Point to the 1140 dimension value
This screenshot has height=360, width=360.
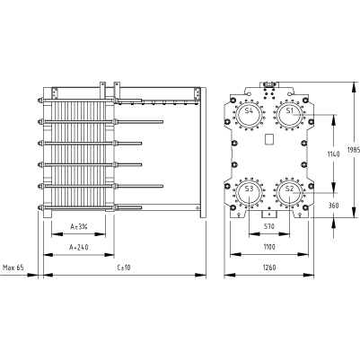[x=333, y=154]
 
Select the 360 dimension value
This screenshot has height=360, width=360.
[x=333, y=206]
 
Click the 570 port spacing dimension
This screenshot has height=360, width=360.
[x=269, y=226]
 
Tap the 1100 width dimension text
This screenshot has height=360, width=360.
[x=269, y=247]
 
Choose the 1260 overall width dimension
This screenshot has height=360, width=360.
[x=269, y=268]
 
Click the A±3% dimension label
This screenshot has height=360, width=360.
[x=79, y=226]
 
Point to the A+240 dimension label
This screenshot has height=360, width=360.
[x=79, y=247]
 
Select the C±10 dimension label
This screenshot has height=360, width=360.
[x=124, y=268]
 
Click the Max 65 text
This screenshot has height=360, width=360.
[x=13, y=268]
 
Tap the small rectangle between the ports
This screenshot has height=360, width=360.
[x=269, y=139]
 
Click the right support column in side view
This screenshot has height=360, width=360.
[x=203, y=153]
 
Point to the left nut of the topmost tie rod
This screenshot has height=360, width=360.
[x=40, y=101]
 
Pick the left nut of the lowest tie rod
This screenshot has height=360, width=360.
[x=40, y=207]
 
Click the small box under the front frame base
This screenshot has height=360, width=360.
[x=269, y=215]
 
